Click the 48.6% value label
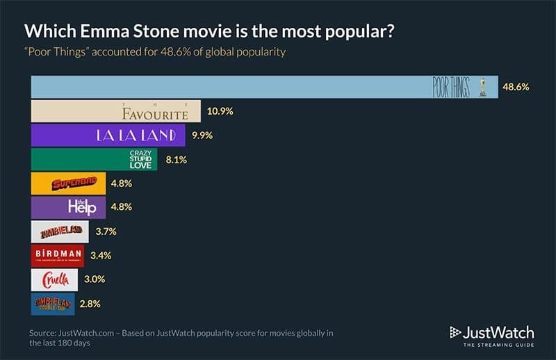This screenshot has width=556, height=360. click(515, 87)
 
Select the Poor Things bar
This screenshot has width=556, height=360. click(265, 87)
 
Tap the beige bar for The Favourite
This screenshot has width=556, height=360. click(116, 111)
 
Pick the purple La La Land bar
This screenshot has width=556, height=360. click(108, 136)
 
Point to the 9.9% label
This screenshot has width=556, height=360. click(201, 136)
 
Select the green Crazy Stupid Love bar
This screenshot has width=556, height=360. click(95, 159)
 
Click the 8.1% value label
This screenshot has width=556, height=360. click(173, 159)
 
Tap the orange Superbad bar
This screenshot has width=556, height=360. click(69, 183)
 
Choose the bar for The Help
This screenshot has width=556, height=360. click(69, 207)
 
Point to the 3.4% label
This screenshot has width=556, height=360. click(100, 255)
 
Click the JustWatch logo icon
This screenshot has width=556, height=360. click(457, 332)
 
